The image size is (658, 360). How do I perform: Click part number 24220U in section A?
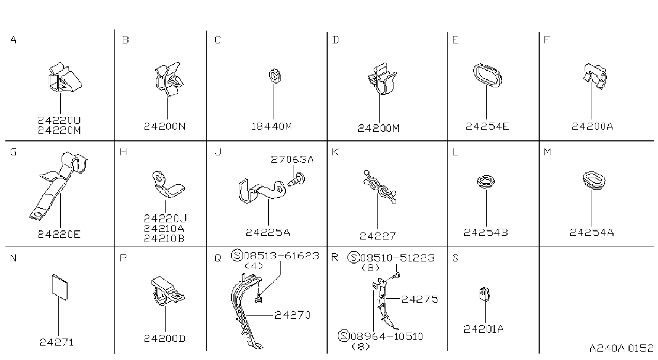coord(59,120)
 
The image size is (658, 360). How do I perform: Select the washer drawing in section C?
coord(274,76)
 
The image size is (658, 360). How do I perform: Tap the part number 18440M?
coord(271,126)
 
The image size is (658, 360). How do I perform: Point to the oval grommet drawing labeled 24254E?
coord(487,75)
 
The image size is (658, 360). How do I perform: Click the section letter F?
coord(547,40)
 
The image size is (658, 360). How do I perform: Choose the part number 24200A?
coord(592,126)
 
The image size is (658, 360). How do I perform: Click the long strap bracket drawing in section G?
coord(58,185)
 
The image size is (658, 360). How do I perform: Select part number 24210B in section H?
coord(164,238)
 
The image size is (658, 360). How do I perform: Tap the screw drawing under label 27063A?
coord(296,180)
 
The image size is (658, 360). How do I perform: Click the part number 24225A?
coord(268,232)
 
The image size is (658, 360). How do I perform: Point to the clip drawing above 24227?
coord(380,187)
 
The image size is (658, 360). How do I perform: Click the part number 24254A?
coord(592,232)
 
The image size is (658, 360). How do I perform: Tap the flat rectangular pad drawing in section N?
coord(59,287)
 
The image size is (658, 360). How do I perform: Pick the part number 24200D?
coord(164,339)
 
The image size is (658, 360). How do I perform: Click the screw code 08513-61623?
coord(282,256)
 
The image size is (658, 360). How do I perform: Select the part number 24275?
coord(419,299)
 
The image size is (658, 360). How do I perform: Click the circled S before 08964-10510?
coord(343,335)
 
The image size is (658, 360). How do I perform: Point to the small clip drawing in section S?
coord(485,294)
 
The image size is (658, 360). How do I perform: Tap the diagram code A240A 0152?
coord(621,348)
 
